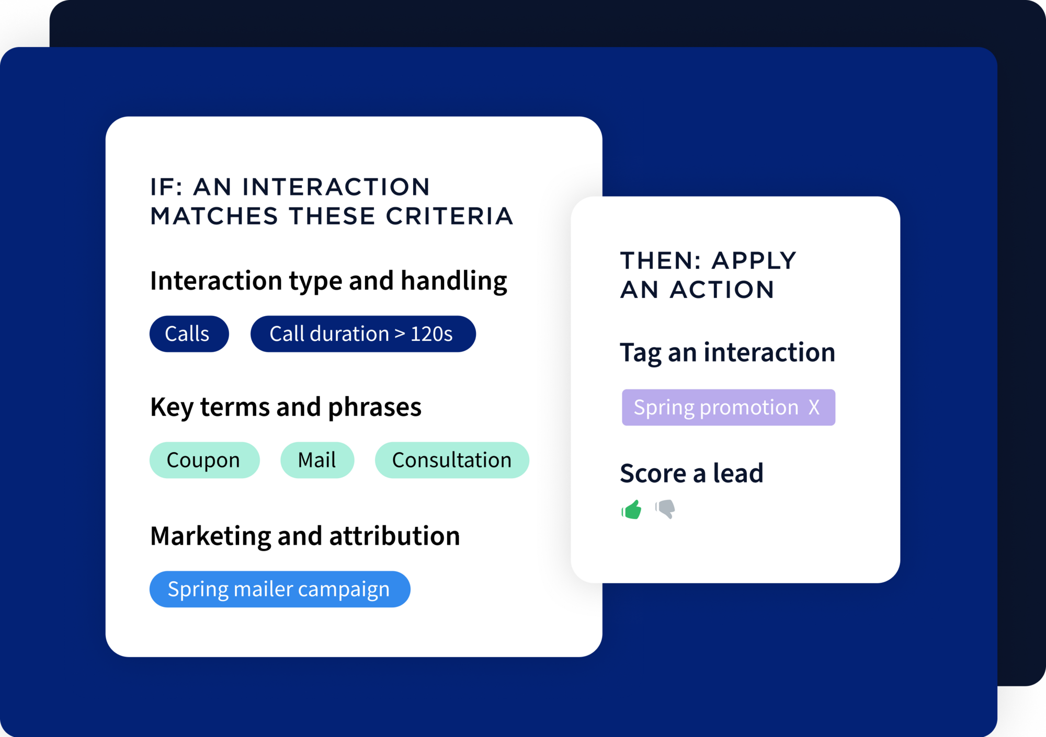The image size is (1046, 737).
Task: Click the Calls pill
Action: coord(189,333)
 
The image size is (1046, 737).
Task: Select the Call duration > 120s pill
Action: coord(363,333)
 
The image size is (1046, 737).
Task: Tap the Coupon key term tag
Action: coord(204,460)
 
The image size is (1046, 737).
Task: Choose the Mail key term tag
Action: coord(317,460)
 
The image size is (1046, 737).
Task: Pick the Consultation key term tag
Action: coord(452,460)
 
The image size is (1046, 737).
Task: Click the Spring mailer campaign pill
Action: coord(280,589)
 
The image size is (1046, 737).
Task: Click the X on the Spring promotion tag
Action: coord(814,407)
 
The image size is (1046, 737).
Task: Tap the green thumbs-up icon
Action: coord(632,509)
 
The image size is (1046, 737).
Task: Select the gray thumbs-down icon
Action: coord(665,509)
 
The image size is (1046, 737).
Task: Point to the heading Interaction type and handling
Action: coord(328,281)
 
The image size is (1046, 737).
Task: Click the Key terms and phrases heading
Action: coord(286,407)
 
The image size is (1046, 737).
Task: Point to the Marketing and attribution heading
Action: coord(305,536)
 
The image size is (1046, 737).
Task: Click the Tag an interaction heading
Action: coord(727,353)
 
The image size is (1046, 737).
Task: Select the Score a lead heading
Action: coord(691,473)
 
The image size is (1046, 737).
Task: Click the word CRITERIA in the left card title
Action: coord(449,216)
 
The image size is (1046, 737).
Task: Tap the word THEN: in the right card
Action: coord(661,260)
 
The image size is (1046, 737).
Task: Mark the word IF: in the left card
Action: coord(166,187)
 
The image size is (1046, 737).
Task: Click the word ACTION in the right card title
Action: coord(722,290)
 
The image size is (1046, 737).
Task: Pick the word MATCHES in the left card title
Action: coord(214,216)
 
